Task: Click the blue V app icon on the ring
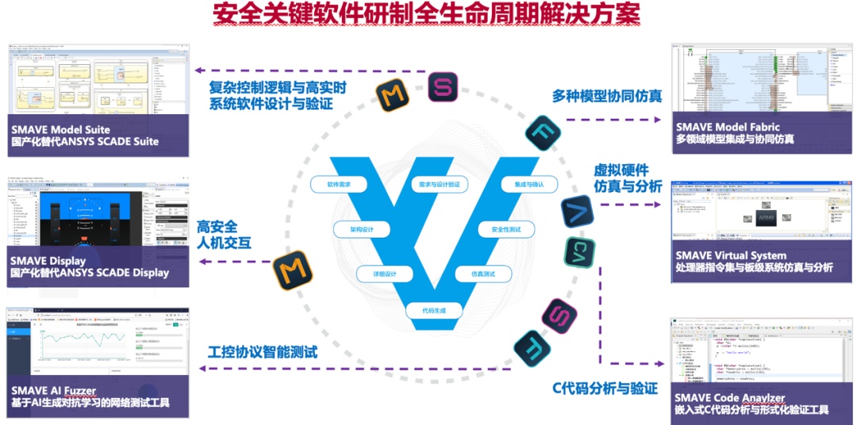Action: [577, 212]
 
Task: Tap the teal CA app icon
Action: [579, 253]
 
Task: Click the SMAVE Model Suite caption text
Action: [60, 128]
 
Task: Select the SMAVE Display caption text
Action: [48, 259]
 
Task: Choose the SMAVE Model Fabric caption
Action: [728, 126]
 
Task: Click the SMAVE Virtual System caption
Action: [731, 255]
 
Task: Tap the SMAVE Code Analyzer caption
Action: [730, 397]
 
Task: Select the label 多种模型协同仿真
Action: [606, 97]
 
